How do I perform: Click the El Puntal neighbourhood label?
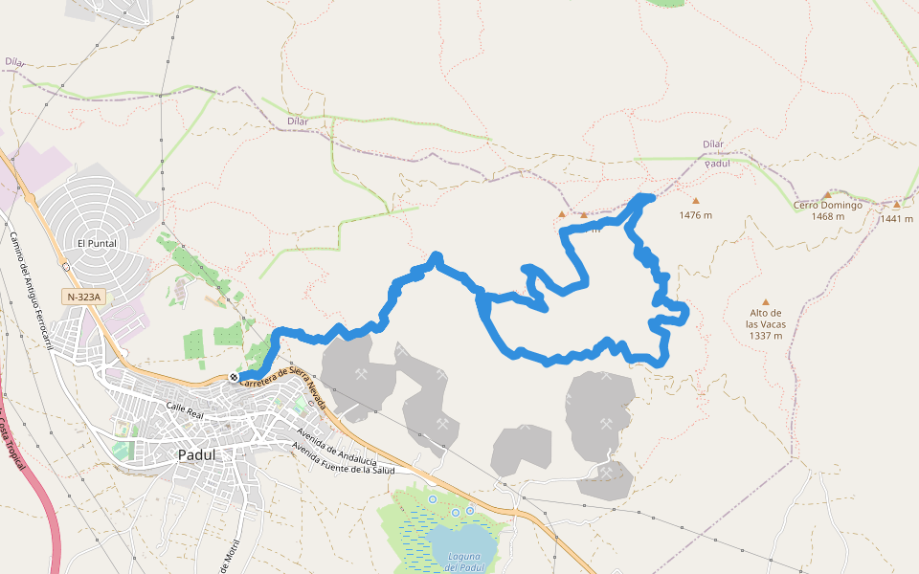pyautogui.click(x=97, y=243)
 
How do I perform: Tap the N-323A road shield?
pyautogui.click(x=83, y=298)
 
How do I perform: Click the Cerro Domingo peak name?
pyautogui.click(x=828, y=205)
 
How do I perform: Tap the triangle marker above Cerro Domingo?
pyautogui.click(x=827, y=194)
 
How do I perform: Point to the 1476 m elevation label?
pyautogui.click(x=696, y=215)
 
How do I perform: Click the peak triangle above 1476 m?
pyautogui.click(x=696, y=201)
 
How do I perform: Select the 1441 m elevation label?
pyautogui.click(x=897, y=218)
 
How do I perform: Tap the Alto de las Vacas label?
pyautogui.click(x=766, y=319)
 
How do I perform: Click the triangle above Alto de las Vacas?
pyautogui.click(x=766, y=301)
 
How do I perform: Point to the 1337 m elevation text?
pyautogui.click(x=766, y=336)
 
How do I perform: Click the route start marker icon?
pyautogui.click(x=234, y=377)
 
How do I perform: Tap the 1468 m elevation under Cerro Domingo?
pyautogui.click(x=827, y=216)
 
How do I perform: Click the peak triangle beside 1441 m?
pyautogui.click(x=897, y=204)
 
